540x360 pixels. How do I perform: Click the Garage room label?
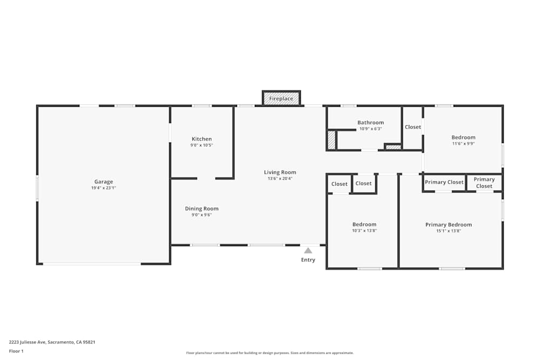(104, 182)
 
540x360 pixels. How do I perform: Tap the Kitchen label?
(202, 139)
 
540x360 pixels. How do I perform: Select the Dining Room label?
(202, 209)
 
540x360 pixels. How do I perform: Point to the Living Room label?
(280, 173)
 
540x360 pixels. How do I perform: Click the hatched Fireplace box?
(281, 98)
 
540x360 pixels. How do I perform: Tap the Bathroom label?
(370, 123)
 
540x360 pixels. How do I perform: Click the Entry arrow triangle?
(308, 250)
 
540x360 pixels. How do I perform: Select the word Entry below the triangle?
(308, 260)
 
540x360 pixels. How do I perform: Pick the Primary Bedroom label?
(449, 225)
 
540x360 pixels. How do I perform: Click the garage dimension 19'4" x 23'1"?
(104, 188)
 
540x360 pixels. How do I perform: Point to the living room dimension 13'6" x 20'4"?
(280, 179)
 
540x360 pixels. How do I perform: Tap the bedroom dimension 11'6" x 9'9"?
(463, 144)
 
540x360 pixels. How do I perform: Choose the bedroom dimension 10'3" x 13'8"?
(364, 230)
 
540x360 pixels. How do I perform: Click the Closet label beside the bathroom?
(413, 127)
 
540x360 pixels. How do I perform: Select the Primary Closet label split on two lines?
(484, 183)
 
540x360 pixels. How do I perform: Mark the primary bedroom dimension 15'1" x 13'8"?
(449, 231)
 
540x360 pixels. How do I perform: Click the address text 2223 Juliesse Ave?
(52, 342)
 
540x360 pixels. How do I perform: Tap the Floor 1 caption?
(16, 351)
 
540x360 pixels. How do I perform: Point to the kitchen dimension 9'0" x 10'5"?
(202, 145)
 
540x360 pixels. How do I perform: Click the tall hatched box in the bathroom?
(331, 140)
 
